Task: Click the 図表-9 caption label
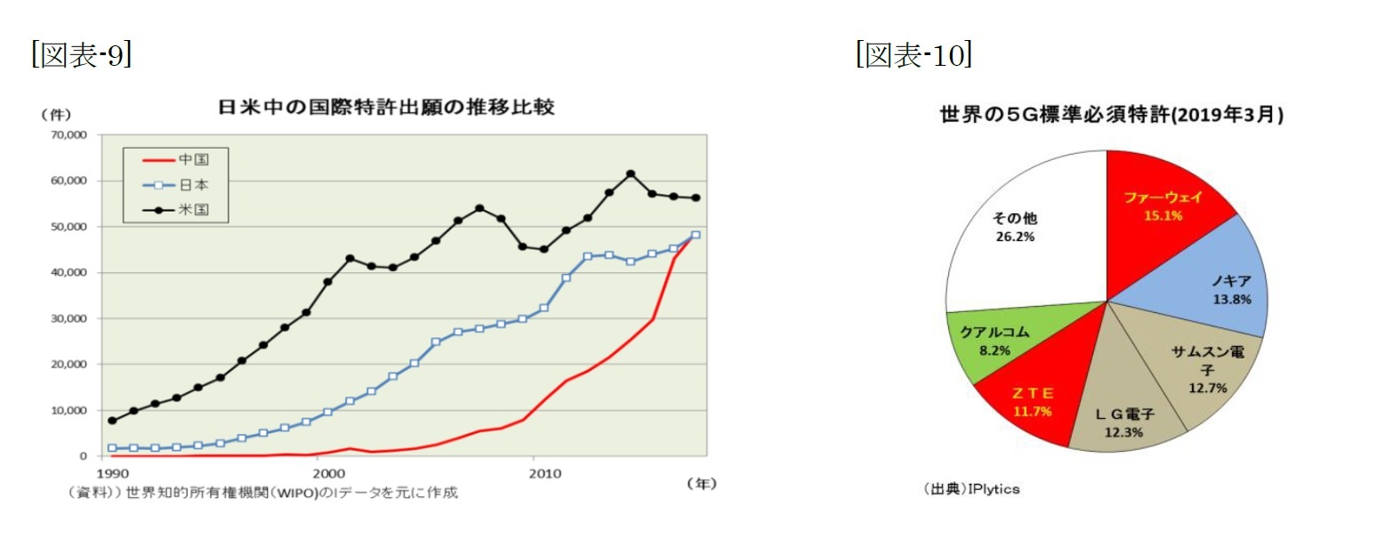point(81,55)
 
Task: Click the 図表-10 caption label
point(913,55)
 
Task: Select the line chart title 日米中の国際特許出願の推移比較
point(386,108)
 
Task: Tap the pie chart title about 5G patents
point(1111,116)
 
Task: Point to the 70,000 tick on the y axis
point(68,135)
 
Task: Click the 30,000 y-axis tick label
point(68,318)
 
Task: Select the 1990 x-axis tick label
point(112,472)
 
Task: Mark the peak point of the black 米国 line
point(631,173)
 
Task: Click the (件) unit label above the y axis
point(55,114)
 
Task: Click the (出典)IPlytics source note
point(971,489)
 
